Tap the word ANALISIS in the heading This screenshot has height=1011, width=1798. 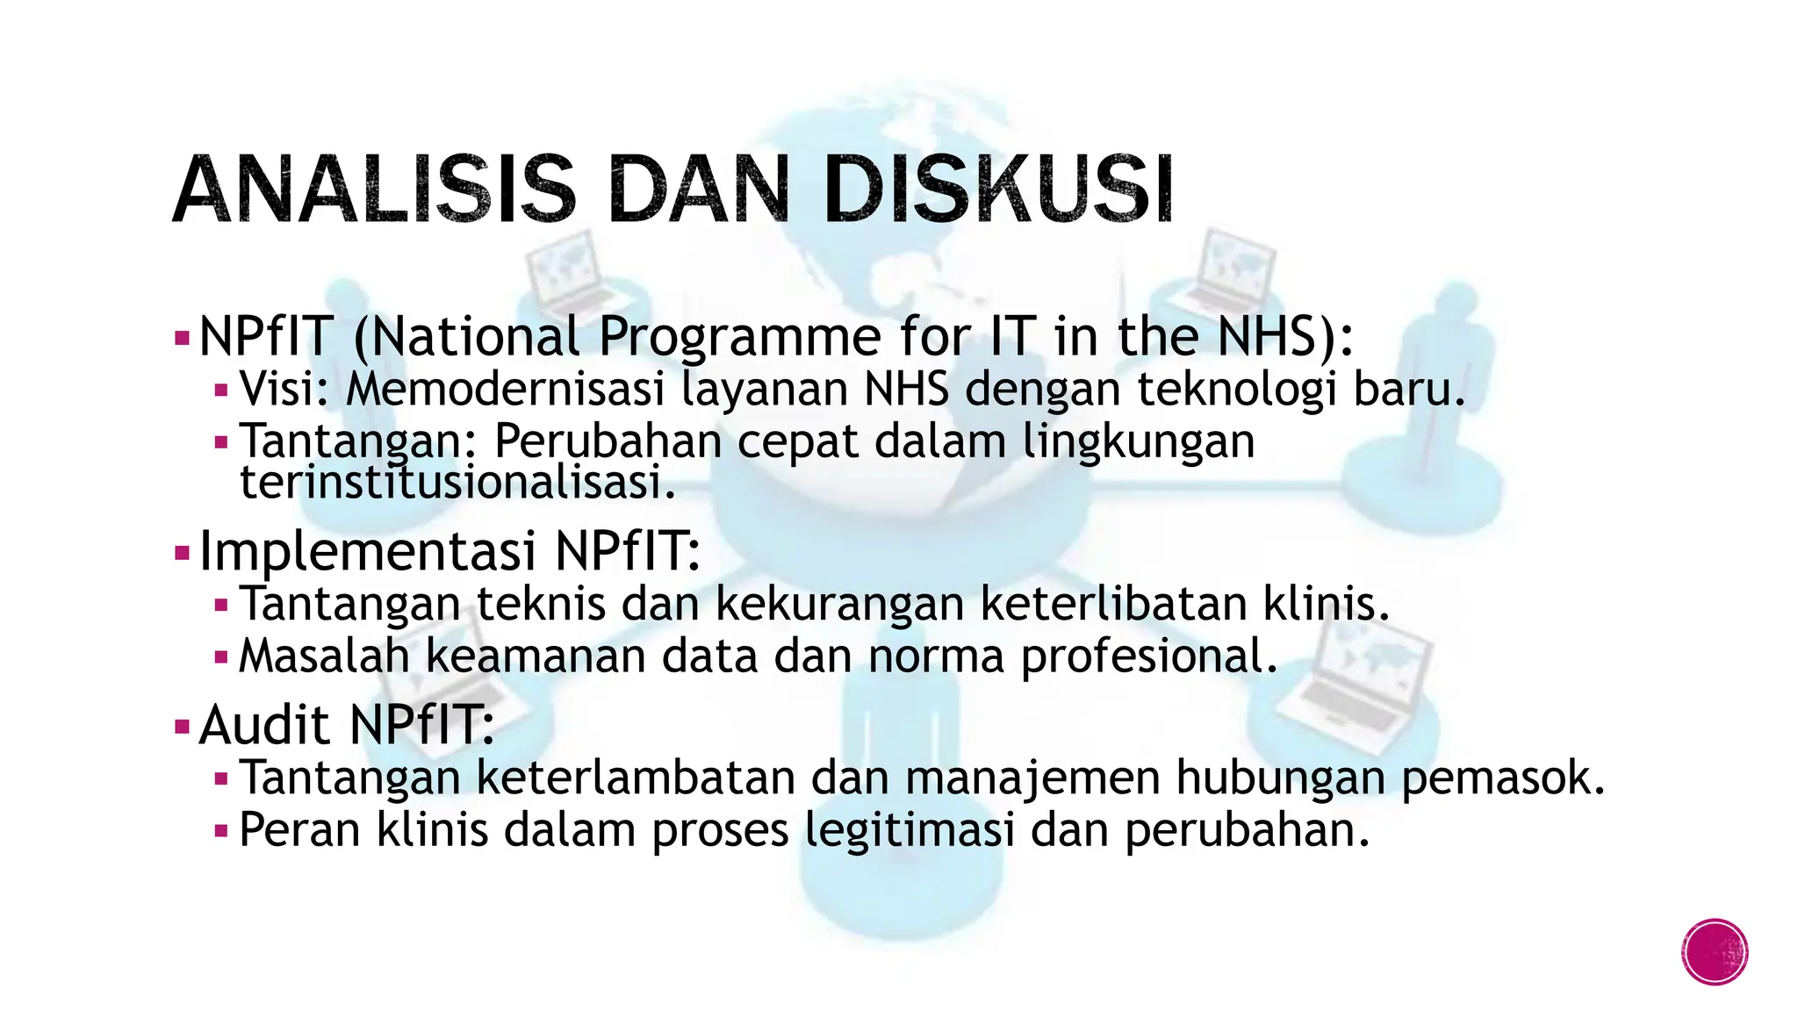pos(374,190)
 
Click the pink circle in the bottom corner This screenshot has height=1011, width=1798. pos(1715,952)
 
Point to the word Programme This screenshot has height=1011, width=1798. pos(740,337)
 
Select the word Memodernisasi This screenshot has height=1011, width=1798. pos(506,389)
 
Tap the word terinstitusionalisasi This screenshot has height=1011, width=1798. pos(457,483)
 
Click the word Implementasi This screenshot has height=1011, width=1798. pos(368,551)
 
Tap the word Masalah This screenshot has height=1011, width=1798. pos(324,656)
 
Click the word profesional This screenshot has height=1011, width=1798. pos(1149,656)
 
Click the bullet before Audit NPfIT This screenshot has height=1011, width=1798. pos(183,727)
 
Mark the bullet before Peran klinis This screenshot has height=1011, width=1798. pos(221,830)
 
